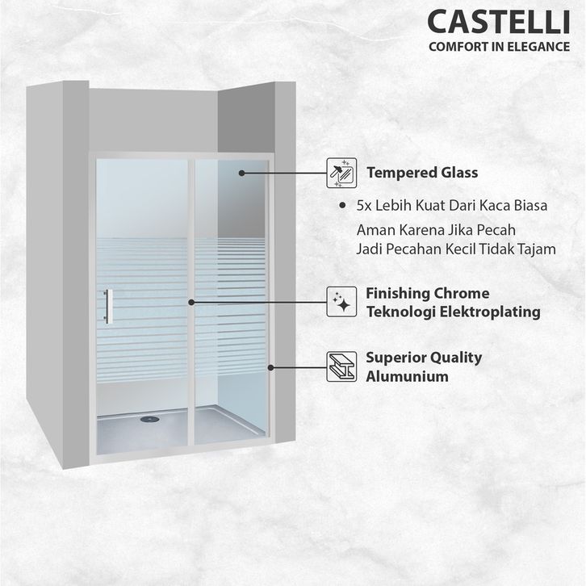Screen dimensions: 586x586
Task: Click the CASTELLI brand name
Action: click(498, 19)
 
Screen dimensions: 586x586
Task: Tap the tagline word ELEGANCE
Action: click(539, 46)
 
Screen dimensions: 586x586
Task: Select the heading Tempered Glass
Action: click(422, 173)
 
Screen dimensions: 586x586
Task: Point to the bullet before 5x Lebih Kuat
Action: click(345, 207)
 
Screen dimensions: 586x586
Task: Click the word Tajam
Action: click(536, 249)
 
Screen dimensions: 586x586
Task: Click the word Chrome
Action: click(460, 293)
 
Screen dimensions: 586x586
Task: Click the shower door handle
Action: click(107, 307)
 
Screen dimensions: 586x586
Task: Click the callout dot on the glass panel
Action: click(241, 173)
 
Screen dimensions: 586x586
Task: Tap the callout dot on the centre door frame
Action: click(191, 303)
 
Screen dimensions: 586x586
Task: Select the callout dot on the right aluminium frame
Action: click(271, 366)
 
